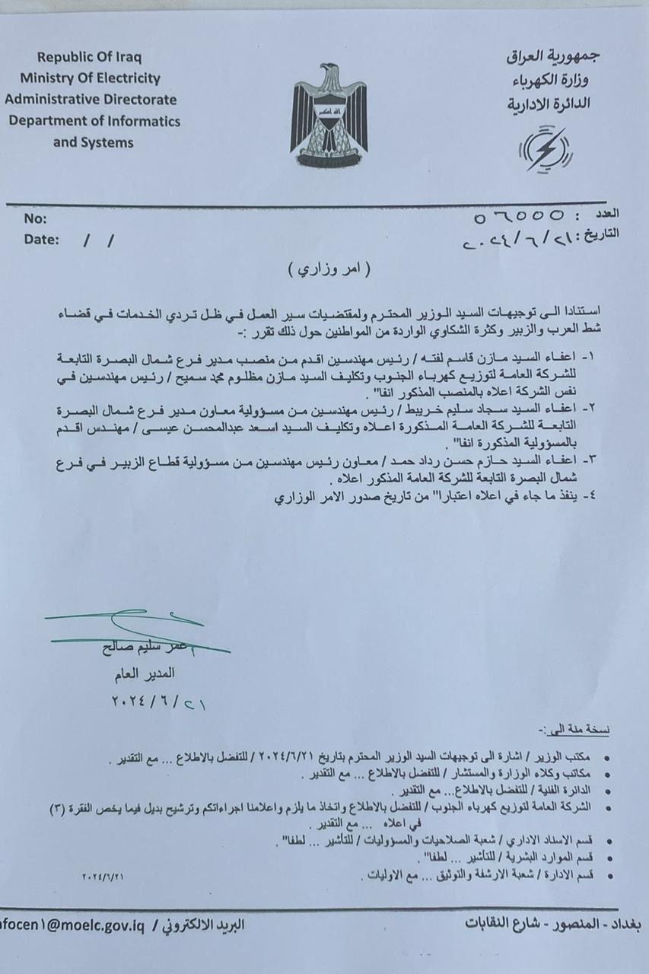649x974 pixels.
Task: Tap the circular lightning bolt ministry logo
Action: coord(544,148)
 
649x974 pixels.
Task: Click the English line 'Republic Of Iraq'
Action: coord(90,57)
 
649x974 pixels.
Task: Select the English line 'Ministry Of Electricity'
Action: coord(91,78)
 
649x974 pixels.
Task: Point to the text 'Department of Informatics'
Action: coord(94,121)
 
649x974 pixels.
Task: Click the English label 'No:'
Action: coord(36,219)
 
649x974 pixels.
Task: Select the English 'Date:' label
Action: coord(41,239)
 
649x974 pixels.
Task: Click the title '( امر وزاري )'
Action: coord(328,269)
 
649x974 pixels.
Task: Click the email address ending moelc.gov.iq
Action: coord(74,925)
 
